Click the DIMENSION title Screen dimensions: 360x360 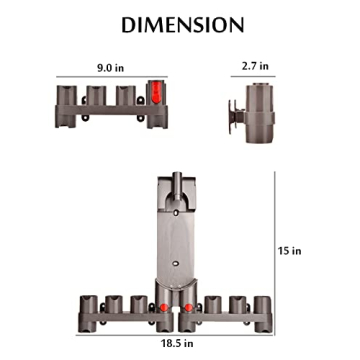[180, 24]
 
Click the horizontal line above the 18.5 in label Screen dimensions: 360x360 [180, 333]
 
